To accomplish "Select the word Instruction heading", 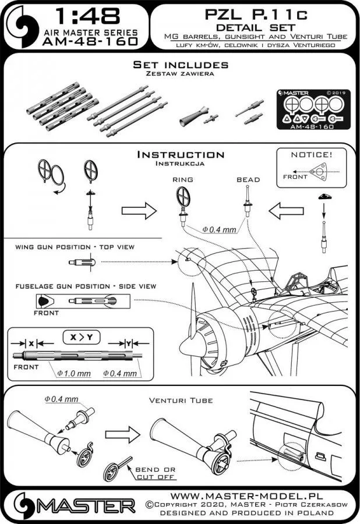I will [180, 155].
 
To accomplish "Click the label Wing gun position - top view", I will [72, 247].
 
